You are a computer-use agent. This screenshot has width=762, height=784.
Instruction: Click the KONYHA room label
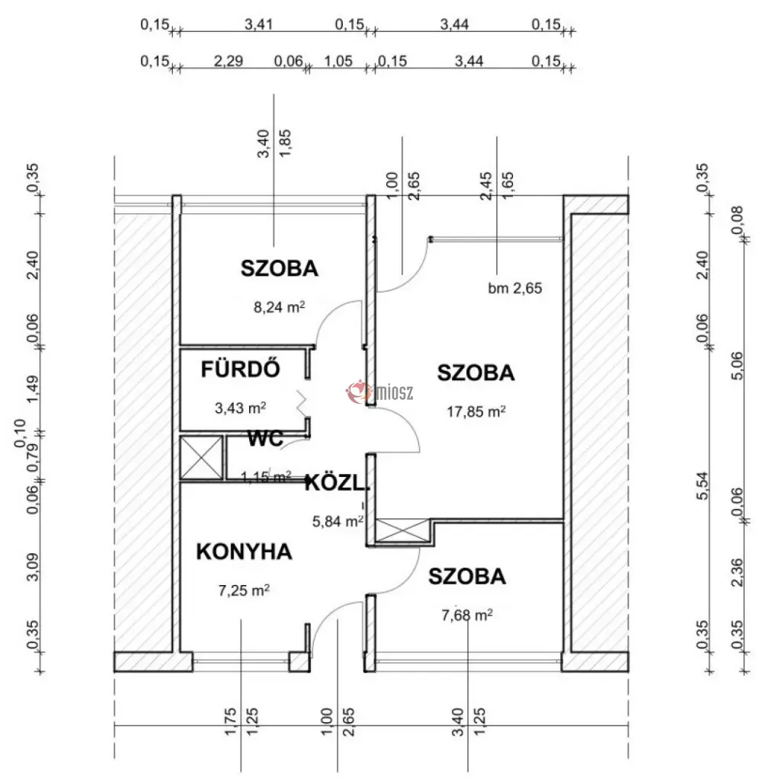[244, 552]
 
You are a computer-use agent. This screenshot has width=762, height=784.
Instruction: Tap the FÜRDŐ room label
[241, 370]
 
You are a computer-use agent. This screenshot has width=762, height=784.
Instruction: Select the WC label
[265, 439]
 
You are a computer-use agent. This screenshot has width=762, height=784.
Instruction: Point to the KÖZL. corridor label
[337, 484]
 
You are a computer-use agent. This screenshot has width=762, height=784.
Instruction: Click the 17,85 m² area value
[476, 411]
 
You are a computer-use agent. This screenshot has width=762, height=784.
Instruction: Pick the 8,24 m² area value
[279, 306]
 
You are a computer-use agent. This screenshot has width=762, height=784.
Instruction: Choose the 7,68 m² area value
[467, 615]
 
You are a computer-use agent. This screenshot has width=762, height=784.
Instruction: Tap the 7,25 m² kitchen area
[244, 590]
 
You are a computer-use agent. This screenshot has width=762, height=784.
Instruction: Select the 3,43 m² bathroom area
[241, 408]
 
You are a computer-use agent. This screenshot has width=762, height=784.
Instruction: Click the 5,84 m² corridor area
[338, 521]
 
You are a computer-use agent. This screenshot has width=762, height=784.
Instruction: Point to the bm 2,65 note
[515, 288]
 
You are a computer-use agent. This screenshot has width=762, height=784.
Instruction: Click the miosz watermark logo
[380, 392]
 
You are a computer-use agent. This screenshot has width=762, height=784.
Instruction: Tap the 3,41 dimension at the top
[258, 24]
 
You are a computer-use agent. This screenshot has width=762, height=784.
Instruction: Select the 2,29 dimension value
[229, 61]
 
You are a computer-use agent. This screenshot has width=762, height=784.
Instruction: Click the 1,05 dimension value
[338, 61]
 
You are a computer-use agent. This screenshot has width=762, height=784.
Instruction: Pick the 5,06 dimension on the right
[737, 366]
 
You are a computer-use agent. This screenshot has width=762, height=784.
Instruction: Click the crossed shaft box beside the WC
[201, 459]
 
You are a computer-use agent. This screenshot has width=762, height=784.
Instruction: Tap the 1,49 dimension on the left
[33, 389]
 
